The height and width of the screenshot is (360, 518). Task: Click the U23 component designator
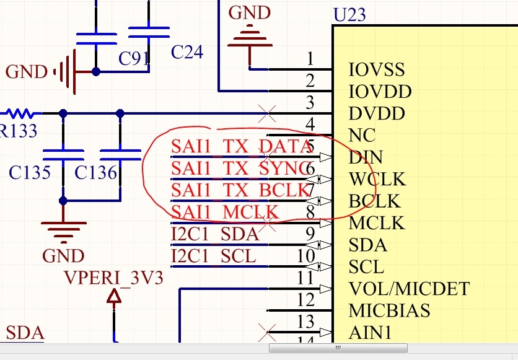pos(349,14)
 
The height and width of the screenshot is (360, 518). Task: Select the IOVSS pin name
pos(377,69)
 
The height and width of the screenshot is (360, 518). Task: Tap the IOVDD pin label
pos(380,92)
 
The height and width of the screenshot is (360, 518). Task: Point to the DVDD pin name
pos(377,114)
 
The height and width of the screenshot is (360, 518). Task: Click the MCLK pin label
pos(377,223)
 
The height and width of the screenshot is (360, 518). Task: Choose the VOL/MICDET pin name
pos(409,289)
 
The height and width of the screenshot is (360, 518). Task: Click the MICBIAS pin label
pos(389,310)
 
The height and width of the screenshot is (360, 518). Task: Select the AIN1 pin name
pos(370,333)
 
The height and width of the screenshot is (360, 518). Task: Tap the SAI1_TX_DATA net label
pos(241,147)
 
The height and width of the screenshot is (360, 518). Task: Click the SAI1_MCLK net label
pos(225,213)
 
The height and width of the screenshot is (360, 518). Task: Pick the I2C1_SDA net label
pos(214,234)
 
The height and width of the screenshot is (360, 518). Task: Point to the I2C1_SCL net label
pos(213,256)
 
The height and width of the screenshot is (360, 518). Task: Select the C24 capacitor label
pos(187,52)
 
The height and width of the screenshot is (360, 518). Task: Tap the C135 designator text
pos(30,172)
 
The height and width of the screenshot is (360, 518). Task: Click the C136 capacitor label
pos(95,172)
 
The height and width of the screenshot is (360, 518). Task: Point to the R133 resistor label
pos(17,131)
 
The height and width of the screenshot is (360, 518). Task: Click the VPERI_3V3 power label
pos(114,278)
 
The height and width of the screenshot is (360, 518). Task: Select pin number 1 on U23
pos(310,59)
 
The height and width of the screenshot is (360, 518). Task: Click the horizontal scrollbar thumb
pos(338,348)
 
